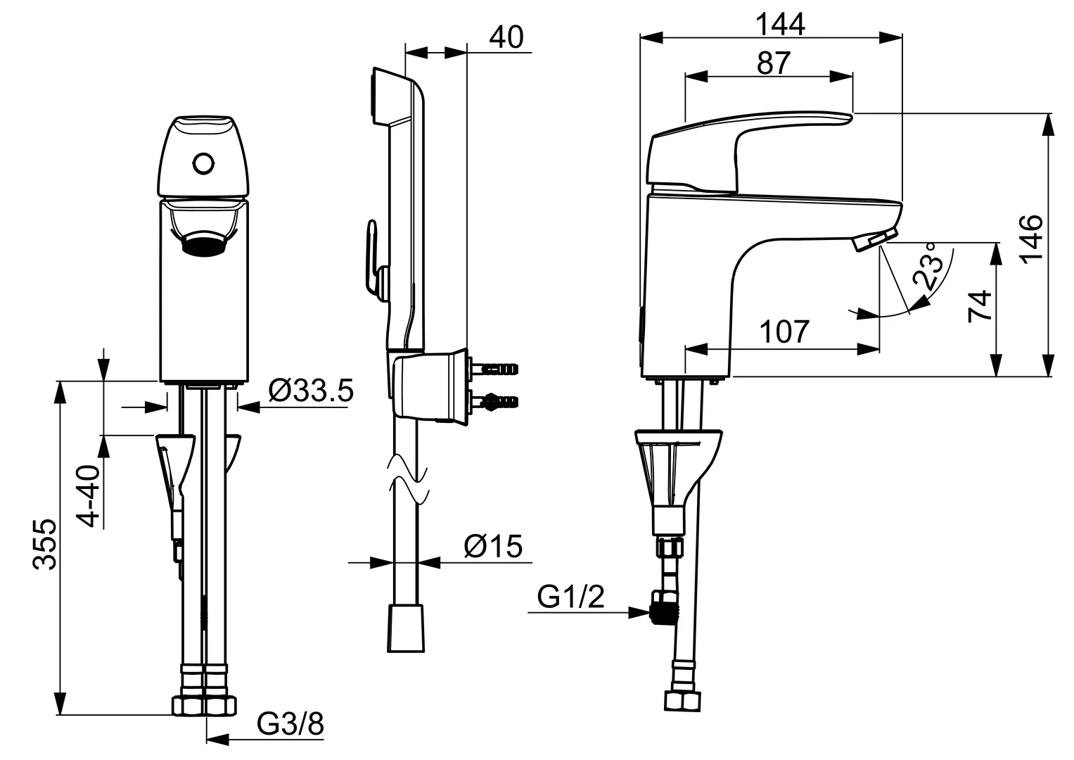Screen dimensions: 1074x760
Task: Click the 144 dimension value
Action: click(x=780, y=25)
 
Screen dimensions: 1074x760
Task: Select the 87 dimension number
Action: click(x=774, y=63)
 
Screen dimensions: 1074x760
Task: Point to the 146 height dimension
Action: click(x=1032, y=239)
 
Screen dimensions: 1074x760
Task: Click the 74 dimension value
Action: click(x=980, y=306)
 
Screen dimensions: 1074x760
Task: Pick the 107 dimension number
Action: click(x=784, y=331)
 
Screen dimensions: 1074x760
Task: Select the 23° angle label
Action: click(x=927, y=267)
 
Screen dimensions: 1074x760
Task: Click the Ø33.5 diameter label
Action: click(x=311, y=391)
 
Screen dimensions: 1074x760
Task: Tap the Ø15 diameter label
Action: click(x=493, y=546)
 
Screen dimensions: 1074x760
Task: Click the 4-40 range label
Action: click(x=88, y=496)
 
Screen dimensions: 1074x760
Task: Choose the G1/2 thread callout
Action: click(x=570, y=597)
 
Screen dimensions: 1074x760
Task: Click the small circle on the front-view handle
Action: click(x=203, y=164)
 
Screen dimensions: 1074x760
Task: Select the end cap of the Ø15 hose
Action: click(x=406, y=628)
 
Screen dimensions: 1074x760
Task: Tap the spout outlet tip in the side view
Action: click(x=876, y=240)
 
